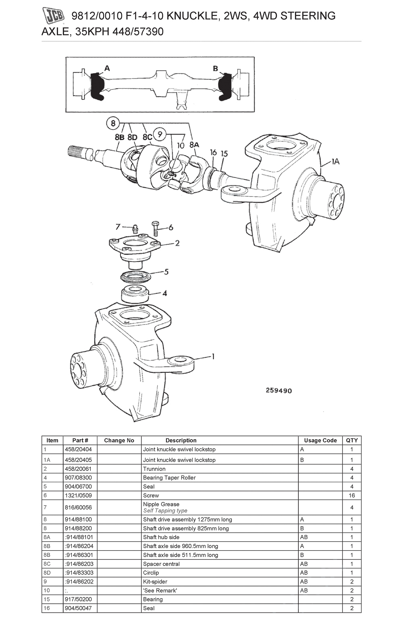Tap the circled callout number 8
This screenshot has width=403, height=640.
(113, 123)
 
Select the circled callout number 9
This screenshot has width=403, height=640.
(160, 134)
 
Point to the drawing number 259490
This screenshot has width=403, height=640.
(279, 390)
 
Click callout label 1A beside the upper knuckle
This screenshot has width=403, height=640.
(335, 161)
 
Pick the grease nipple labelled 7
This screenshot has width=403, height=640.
(135, 229)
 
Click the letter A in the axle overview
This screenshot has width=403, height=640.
(107, 68)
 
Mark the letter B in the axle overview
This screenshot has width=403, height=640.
(215, 68)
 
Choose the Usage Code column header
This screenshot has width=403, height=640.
(320, 440)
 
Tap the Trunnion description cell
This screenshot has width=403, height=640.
(154, 469)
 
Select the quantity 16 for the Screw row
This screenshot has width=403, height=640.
(351, 495)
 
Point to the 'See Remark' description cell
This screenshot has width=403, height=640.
(160, 590)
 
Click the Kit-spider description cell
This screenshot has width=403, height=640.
(155, 582)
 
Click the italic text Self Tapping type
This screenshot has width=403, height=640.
(165, 511)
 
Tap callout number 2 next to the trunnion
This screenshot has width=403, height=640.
(177, 243)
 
